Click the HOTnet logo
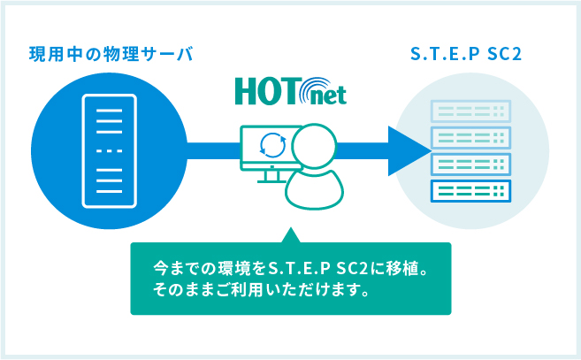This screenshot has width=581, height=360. [291, 91]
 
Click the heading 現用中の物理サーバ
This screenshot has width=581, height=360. [111, 54]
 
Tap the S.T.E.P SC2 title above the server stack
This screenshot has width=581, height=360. [466, 54]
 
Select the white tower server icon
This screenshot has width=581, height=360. [110, 151]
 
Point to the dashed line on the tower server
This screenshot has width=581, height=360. [110, 151]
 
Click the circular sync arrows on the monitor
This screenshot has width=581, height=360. [273, 144]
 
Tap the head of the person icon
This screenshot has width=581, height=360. [314, 146]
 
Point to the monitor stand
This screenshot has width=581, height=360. [272, 176]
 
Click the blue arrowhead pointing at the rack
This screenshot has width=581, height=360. [408, 151]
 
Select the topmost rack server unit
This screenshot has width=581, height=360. [470, 111]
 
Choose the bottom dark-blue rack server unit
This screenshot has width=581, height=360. [470, 191]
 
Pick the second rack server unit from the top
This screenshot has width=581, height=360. [470, 138]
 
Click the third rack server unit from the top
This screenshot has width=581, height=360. [470, 165]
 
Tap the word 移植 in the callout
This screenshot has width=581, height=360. [402, 268]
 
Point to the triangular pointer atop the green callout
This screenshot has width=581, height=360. [291, 235]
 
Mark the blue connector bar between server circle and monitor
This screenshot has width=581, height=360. [214, 151]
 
